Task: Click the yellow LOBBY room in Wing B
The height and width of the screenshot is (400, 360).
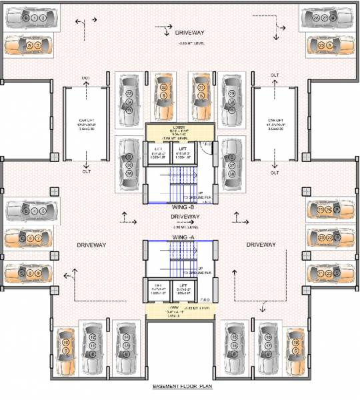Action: [180, 131]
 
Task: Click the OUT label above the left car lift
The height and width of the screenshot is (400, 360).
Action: [86, 79]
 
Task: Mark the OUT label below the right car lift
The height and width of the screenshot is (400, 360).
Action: [273, 171]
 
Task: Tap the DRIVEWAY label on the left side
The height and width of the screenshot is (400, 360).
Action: [89, 245]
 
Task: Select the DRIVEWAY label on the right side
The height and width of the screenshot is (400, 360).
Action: [261, 245]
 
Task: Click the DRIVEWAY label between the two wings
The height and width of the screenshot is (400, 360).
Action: [185, 217]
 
